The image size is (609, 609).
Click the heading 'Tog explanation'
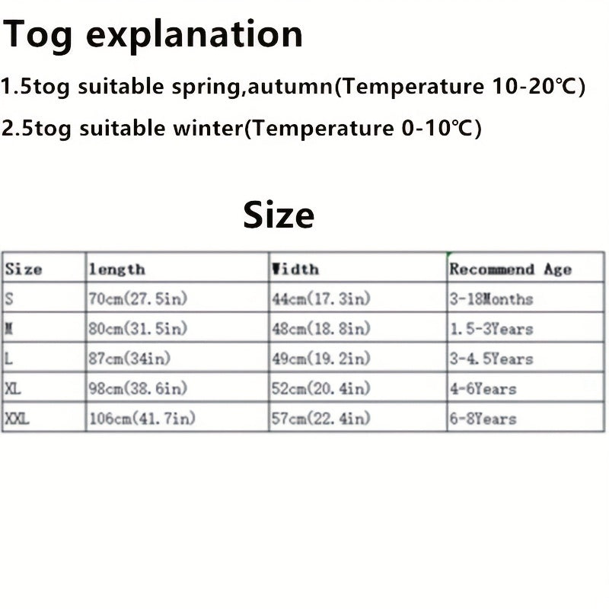point(152,35)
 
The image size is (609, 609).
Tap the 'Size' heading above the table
point(279,215)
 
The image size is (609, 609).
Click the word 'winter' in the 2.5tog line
point(208,127)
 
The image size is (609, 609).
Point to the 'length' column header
point(117,269)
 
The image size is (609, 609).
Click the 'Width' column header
point(295,269)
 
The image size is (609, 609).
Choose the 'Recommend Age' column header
point(511,269)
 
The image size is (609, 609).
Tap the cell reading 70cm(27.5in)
point(138,298)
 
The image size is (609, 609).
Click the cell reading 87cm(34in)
point(129,358)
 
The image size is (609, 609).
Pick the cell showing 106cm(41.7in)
point(142,418)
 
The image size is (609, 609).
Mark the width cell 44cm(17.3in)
point(321,298)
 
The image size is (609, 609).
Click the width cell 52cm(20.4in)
point(321,388)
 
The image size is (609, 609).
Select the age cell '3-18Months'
point(491,299)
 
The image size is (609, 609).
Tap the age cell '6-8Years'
point(483,419)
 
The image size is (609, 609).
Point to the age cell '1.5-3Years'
point(491,329)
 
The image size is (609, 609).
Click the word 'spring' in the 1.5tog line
point(206,87)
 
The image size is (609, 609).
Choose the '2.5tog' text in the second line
point(36,128)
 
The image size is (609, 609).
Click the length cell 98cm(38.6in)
point(138,388)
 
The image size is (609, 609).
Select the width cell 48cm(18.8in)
point(321,329)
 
